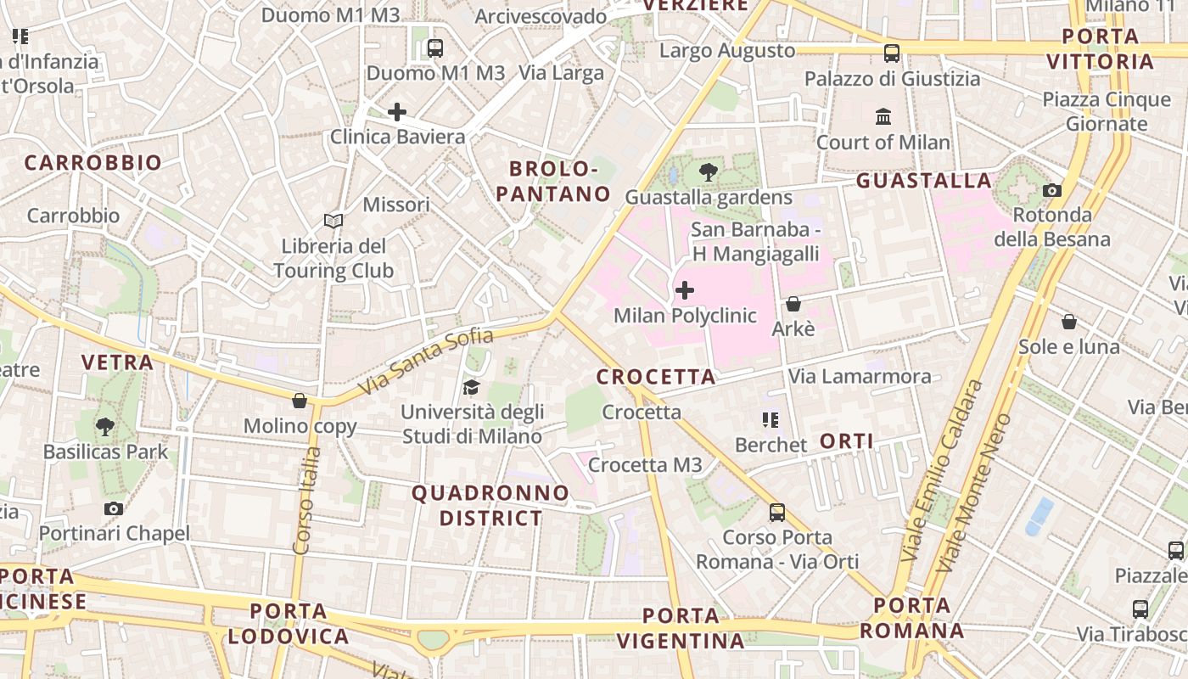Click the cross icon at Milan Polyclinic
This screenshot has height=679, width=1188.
[x=684, y=291]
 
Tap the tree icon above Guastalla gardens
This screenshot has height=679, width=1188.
[x=708, y=172]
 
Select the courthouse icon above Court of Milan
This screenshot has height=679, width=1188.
[x=883, y=116]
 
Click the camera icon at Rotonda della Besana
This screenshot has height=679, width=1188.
[x=1052, y=190]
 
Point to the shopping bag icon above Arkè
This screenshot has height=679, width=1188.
[x=793, y=303]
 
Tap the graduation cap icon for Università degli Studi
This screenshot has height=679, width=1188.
[x=471, y=387]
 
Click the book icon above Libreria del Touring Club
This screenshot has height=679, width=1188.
[x=333, y=222]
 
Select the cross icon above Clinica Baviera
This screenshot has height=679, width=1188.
[x=396, y=112]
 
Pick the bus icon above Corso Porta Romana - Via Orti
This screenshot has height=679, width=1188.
[x=777, y=512]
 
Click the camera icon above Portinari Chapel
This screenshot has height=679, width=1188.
[x=114, y=508]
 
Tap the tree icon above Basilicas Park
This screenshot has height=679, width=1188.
[x=105, y=426]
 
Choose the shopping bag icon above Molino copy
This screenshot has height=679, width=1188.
[x=300, y=401]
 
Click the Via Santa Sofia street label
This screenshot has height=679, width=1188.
[x=425, y=361]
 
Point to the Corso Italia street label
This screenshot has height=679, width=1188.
[x=306, y=500]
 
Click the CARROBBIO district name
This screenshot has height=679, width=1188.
[x=93, y=163]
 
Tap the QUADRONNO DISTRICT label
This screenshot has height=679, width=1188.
[x=490, y=505]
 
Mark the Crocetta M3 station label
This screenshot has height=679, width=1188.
[x=645, y=465]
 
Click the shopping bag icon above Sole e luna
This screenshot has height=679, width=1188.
[x=1069, y=322]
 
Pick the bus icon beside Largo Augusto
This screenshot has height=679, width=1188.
[x=892, y=53]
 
